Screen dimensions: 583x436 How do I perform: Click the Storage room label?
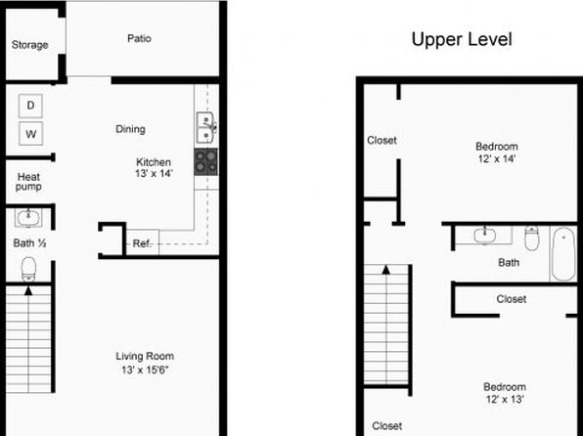tap(29, 45)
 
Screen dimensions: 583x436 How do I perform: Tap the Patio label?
tap(139, 38)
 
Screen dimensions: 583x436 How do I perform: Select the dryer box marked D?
tap(30, 106)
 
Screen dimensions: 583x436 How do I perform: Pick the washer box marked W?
tap(31, 133)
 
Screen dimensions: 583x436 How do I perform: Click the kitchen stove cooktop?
tap(206, 162)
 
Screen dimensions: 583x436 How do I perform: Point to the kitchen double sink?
tap(205, 127)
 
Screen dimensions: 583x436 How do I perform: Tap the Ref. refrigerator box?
tap(143, 243)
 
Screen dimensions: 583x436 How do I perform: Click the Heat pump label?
tap(28, 182)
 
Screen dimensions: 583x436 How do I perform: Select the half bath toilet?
tap(28, 269)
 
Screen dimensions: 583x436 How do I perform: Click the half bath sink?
tap(28, 217)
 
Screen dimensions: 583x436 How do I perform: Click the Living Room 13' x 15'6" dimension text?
tap(145, 370)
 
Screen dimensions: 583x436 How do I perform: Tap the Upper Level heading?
tap(462, 39)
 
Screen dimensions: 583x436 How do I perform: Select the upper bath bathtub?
tap(563, 253)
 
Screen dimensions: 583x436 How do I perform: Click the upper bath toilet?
tap(532, 238)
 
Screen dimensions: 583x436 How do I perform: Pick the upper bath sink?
tap(484, 236)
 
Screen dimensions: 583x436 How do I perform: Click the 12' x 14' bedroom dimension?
tap(497, 158)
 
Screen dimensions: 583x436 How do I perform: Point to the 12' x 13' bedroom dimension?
tap(505, 399)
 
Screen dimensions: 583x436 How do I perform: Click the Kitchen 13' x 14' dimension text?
tap(154, 173)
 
